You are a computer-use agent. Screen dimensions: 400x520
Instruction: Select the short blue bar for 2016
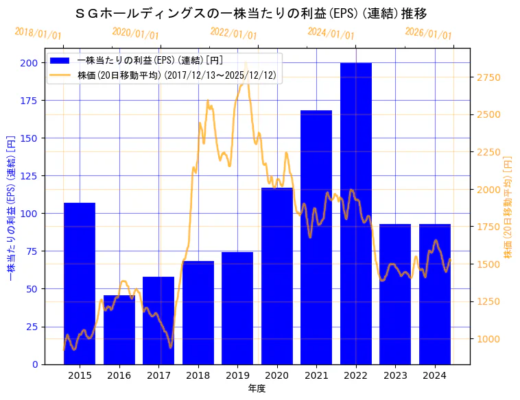pyautogui.click(x=119, y=329)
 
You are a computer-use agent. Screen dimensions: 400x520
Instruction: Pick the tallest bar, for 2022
pyautogui.click(x=356, y=213)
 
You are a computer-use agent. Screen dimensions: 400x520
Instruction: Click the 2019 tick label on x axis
pyautogui.click(x=237, y=375)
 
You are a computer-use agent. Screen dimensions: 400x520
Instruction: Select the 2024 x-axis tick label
pyautogui.click(x=435, y=375)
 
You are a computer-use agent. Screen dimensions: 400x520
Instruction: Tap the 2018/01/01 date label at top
pyautogui.click(x=38, y=34)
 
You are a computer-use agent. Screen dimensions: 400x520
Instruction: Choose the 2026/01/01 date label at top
pyautogui.click(x=429, y=34)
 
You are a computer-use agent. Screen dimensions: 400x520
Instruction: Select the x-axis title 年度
pyautogui.click(x=257, y=388)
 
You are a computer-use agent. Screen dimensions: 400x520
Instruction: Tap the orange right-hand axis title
pyautogui.click(x=508, y=206)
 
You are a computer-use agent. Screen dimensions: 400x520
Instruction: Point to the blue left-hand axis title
pyautogui.click(x=10, y=206)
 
